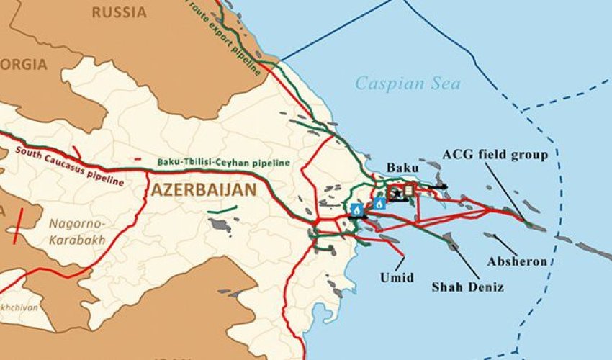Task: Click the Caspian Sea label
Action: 408,84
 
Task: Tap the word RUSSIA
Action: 120,13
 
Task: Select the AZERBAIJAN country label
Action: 204,191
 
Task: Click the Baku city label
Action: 402,168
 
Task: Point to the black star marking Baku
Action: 397,192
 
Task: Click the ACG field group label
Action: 495,155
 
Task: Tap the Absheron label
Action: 517,261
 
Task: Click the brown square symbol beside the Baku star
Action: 410,190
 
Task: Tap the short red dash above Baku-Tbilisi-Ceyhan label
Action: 138,158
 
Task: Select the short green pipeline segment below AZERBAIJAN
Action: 222,211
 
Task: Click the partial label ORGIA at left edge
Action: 24,64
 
